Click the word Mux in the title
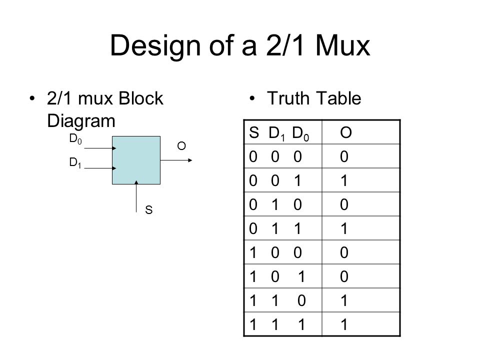(342, 45)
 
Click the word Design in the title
(155, 46)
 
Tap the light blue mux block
(136, 160)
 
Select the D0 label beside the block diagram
(75, 139)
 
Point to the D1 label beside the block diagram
(75, 162)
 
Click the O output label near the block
(181, 146)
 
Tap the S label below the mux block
(149, 210)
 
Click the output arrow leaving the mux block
(176, 160)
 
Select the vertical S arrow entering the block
(136, 196)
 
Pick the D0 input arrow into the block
(100, 148)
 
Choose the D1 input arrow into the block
(100, 168)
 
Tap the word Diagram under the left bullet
(81, 121)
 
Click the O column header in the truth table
(346, 132)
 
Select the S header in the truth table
(254, 132)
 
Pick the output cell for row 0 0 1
(344, 180)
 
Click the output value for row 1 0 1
(344, 276)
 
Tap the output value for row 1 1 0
(344, 300)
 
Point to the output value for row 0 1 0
(344, 204)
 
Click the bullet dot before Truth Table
(252, 98)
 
